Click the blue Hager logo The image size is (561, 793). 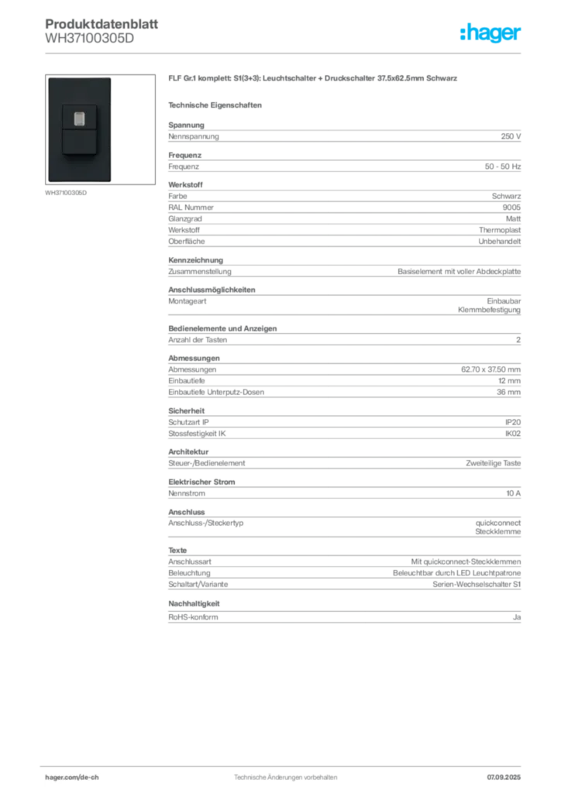pyautogui.click(x=491, y=33)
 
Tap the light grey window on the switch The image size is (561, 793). pyautogui.click(x=79, y=118)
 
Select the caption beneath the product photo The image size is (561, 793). pyautogui.click(x=68, y=194)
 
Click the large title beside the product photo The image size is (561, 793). pyautogui.click(x=313, y=80)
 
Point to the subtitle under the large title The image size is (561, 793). pyautogui.click(x=217, y=105)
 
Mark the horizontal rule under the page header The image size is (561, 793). pyautogui.click(x=285, y=53)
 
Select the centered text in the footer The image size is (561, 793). pyautogui.click(x=284, y=773)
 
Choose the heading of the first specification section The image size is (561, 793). pyautogui.click(x=188, y=122)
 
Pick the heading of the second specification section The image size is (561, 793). pyautogui.click(x=186, y=183)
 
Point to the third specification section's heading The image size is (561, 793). pyautogui.click(x=213, y=288)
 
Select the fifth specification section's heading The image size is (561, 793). pyautogui.click(x=188, y=449)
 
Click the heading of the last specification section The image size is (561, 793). pyautogui.click(x=180, y=548)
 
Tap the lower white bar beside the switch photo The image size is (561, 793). pyautogui.click(x=114, y=163)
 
